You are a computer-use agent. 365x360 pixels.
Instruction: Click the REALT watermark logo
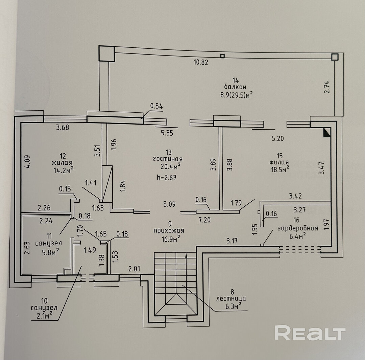[310, 333]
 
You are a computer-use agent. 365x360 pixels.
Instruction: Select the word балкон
[236, 87]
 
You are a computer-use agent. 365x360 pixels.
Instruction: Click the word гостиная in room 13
[168, 159]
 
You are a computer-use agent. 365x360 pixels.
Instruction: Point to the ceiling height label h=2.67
[167, 177]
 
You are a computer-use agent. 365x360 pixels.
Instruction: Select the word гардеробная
[297, 228]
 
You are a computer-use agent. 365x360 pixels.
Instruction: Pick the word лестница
[232, 299]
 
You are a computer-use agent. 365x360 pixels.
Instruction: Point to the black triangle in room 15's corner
[326, 133]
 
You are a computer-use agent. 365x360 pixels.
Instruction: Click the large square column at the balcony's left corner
[107, 53]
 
